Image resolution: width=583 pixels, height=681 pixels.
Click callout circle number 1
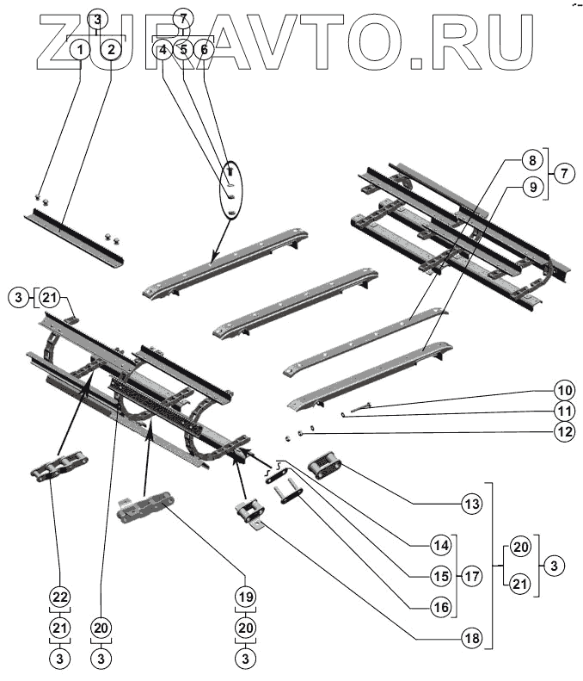(80, 50)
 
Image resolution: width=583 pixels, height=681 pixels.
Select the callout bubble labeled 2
(112, 50)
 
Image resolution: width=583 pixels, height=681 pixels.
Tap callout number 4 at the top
(163, 51)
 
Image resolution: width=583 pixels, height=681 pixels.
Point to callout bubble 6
(205, 51)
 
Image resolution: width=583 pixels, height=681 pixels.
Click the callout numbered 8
(532, 161)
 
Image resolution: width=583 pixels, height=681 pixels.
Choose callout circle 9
(532, 187)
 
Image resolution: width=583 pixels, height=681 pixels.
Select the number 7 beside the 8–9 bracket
(564, 174)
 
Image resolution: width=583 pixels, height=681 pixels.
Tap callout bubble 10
(564, 390)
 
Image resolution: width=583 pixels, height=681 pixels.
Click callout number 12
(564, 431)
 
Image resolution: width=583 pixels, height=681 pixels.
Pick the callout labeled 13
(471, 504)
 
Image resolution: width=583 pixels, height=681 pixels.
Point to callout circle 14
(441, 545)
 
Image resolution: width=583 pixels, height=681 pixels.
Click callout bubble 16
(441, 607)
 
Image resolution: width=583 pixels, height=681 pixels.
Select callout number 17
(471, 576)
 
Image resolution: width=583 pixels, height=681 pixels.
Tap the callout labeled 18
(471, 638)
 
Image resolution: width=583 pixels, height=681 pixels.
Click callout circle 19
(246, 597)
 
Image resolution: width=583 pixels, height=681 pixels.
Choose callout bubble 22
(60, 597)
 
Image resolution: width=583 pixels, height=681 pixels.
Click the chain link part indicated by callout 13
(324, 465)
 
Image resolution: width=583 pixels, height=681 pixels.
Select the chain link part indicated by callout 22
(59, 466)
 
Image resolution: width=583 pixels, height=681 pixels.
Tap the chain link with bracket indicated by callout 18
(251, 514)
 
